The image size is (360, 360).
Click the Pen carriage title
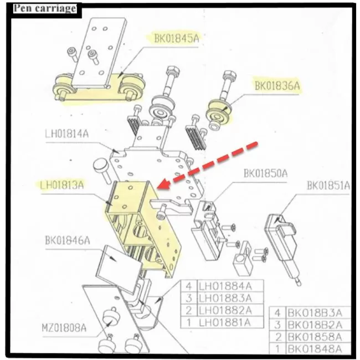click(45, 8)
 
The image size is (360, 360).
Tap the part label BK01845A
click(176, 38)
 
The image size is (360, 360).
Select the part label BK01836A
click(277, 86)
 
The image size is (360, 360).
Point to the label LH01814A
click(67, 133)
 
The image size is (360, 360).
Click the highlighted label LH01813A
click(62, 185)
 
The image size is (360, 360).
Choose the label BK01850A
click(265, 173)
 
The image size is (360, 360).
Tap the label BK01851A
click(328, 186)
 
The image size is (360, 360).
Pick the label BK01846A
click(68, 240)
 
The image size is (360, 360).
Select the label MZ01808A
click(64, 328)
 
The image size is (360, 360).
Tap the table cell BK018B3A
click(315, 313)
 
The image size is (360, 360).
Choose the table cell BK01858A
click(315, 337)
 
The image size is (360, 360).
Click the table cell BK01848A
click(315, 349)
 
